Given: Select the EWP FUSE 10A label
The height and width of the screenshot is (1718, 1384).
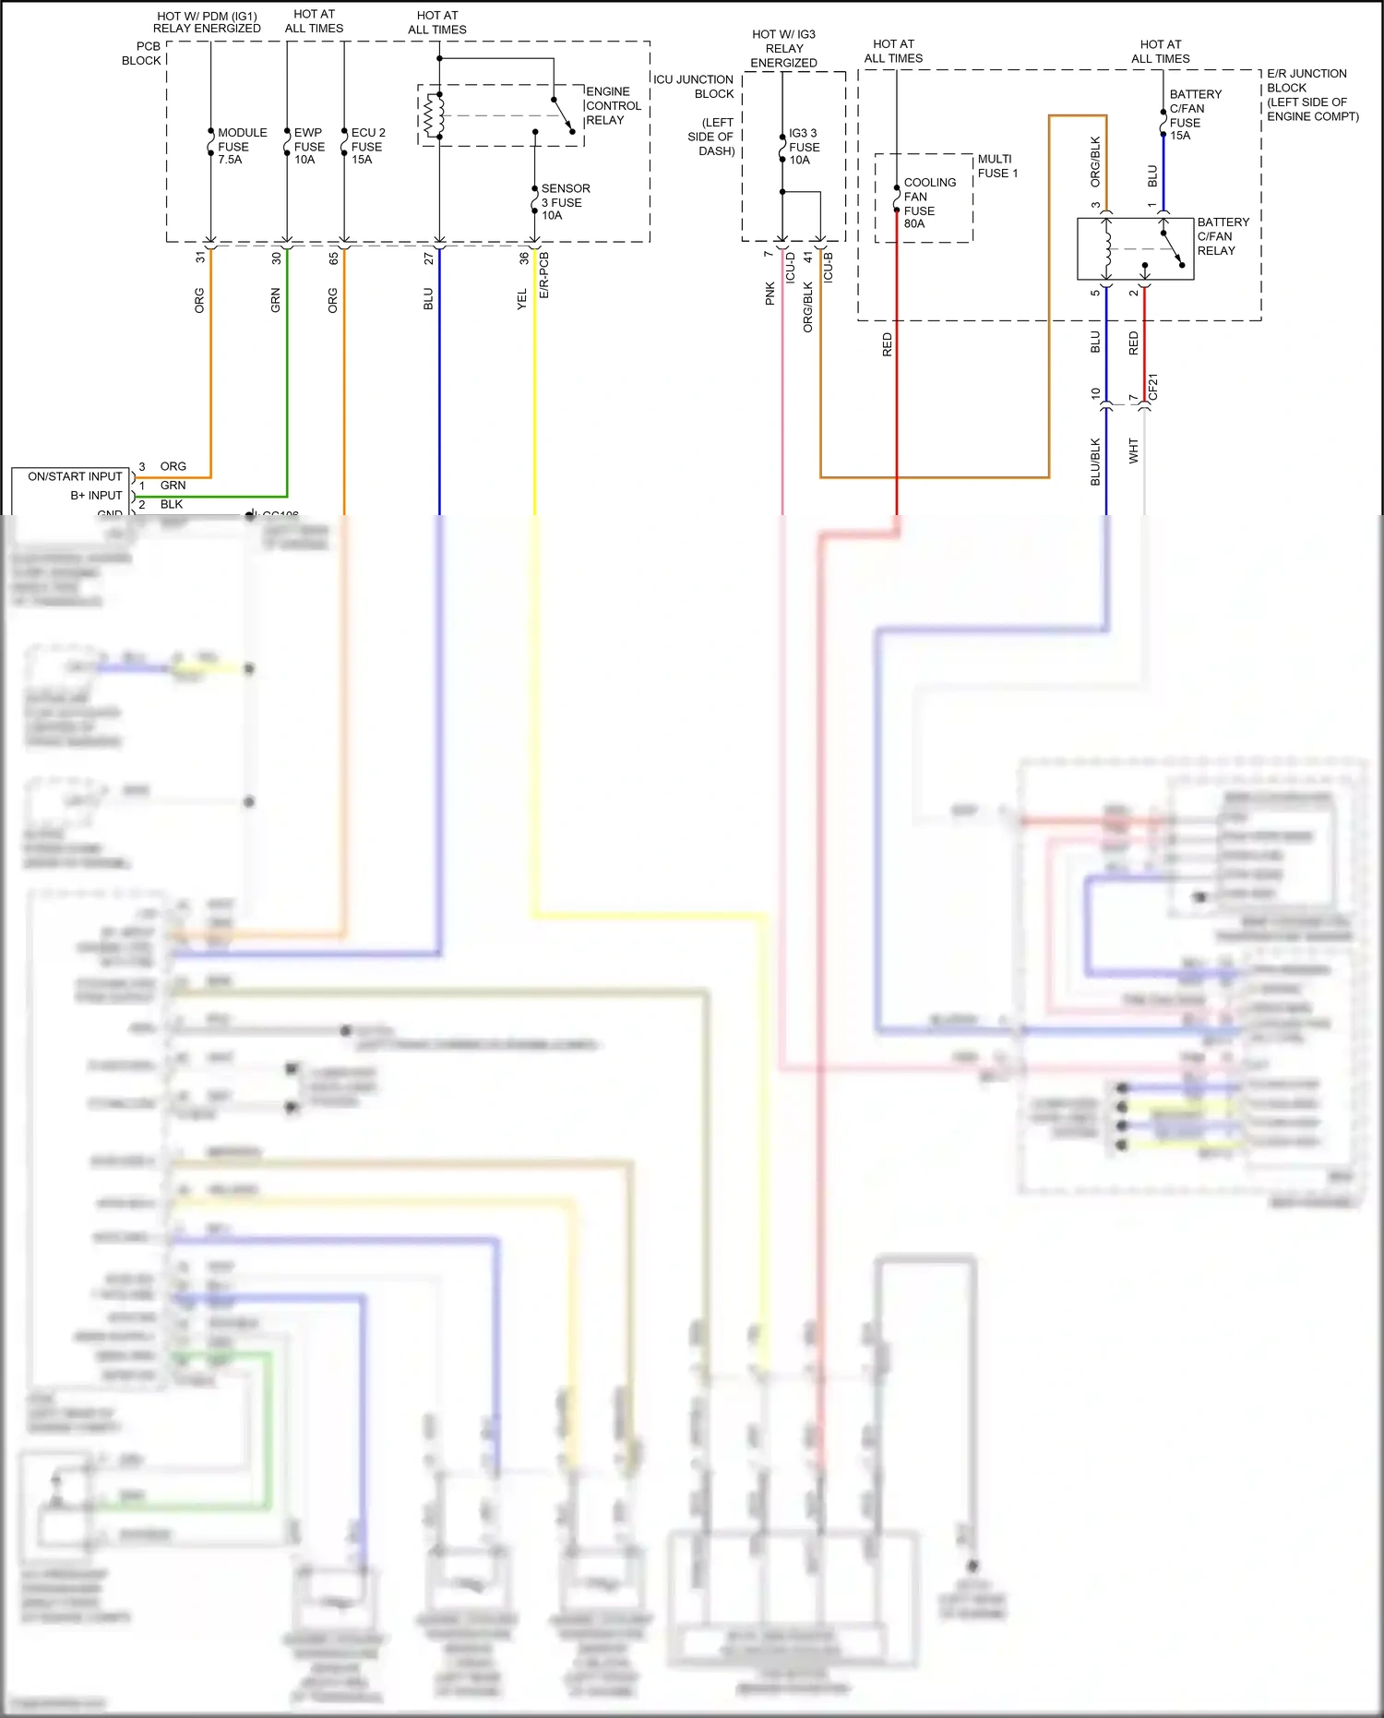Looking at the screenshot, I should pos(308,146).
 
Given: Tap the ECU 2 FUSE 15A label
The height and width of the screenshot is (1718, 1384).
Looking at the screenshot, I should pos(367,146).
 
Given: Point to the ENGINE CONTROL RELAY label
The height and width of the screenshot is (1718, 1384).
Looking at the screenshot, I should pos(613,106).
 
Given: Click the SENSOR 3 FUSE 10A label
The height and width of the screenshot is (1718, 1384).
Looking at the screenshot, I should pos(564,201).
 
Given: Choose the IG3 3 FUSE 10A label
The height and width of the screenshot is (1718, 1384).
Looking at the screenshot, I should pos(803,147).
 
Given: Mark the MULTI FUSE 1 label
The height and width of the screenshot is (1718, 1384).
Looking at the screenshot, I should pos(997,166).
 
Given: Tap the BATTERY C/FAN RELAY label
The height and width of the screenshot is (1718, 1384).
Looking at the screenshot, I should pos(1222,236).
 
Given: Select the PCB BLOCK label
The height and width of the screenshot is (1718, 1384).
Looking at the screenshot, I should pos(142,54).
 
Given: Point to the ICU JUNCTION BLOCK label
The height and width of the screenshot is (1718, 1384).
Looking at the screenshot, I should pos(694,87).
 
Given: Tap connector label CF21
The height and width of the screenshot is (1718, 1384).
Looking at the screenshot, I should pos(1152,387).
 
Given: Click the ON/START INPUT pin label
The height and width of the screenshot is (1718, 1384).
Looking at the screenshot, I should pos(75,476).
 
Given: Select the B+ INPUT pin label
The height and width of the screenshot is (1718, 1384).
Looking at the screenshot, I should pos(96,496).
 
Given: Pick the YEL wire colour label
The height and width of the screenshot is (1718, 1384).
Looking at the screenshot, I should pos(521,299).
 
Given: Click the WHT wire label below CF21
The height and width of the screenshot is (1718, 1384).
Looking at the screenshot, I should pos(1133,451).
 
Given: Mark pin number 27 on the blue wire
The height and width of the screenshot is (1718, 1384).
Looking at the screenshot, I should pos(428,258).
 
